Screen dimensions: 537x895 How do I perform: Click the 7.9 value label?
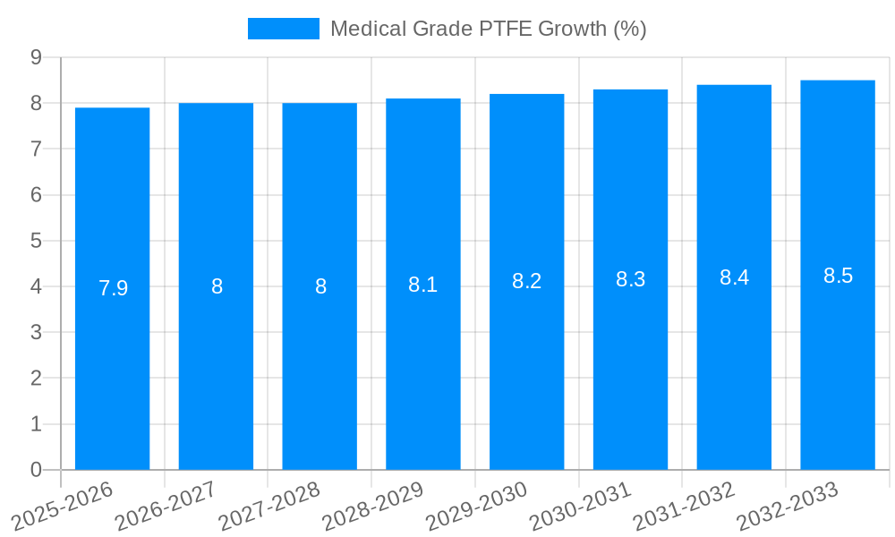click(x=113, y=288)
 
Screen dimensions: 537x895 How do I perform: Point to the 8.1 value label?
click(x=422, y=285)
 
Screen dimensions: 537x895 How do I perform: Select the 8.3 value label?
click(x=630, y=279)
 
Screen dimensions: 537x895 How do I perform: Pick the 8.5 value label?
click(x=838, y=276)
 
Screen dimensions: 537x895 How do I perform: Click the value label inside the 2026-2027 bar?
click(x=217, y=286)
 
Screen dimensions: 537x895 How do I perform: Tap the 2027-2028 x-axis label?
click(x=269, y=506)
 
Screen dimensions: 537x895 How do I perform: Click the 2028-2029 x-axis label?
click(x=373, y=506)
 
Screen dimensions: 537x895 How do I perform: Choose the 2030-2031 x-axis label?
click(x=581, y=506)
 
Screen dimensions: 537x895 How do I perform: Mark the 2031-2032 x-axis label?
click(x=685, y=506)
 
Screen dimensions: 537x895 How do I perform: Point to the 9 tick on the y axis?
click(x=36, y=57)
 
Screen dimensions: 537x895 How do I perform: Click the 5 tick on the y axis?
click(x=36, y=241)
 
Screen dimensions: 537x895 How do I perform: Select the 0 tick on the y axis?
click(x=36, y=470)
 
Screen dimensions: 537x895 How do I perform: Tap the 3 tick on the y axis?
click(x=36, y=333)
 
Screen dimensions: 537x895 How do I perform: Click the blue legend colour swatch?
click(x=283, y=29)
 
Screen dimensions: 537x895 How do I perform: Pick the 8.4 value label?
click(x=734, y=277)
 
